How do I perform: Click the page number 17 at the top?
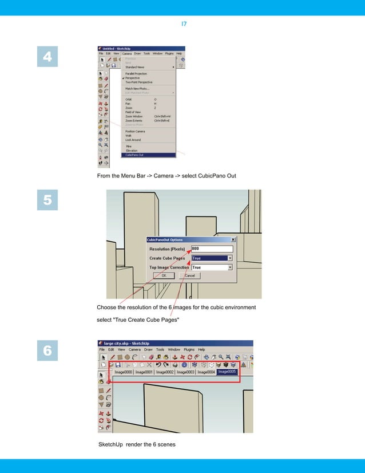pyautogui.click(x=184, y=24)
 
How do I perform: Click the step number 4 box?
pyautogui.click(x=47, y=57)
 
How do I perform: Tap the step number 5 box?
pyautogui.click(x=47, y=201)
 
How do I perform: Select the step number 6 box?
pyautogui.click(x=47, y=351)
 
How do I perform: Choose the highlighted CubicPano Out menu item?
pyautogui.click(x=135, y=155)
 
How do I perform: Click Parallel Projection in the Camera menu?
pyautogui.click(x=137, y=73)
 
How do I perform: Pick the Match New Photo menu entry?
pyautogui.click(x=138, y=89)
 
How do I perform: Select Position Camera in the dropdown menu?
pyautogui.click(x=136, y=132)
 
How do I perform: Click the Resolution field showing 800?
pyautogui.click(x=212, y=249)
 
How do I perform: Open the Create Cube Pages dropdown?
pyautogui.click(x=230, y=258)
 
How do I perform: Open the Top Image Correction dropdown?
pyautogui.click(x=230, y=267)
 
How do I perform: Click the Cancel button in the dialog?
pyautogui.click(x=190, y=275)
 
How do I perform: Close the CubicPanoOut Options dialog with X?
pyautogui.click(x=233, y=239)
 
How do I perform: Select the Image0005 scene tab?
pyautogui.click(x=227, y=372)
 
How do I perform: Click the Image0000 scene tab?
pyautogui.click(x=124, y=372)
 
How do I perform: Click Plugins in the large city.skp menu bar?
pyautogui.click(x=189, y=349)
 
